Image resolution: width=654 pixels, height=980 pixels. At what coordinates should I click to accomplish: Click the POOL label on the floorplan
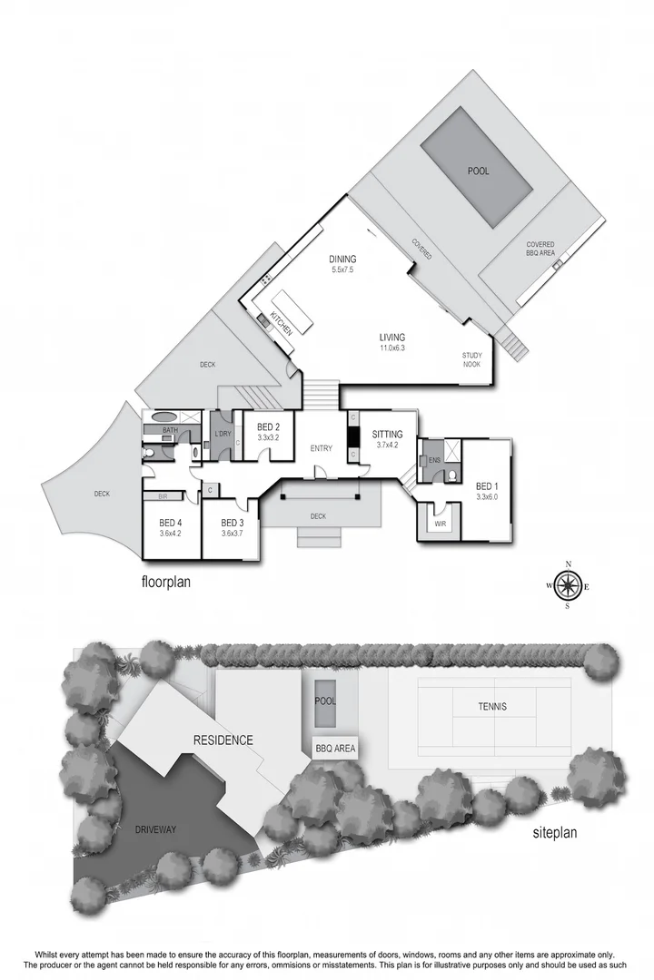click(478, 171)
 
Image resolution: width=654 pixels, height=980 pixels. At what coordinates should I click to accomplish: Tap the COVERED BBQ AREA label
click(540, 249)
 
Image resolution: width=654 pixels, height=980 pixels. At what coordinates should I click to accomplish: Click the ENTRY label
click(321, 448)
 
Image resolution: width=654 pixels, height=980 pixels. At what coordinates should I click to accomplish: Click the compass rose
click(568, 586)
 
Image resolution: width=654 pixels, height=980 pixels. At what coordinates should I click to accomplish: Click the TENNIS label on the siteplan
click(491, 707)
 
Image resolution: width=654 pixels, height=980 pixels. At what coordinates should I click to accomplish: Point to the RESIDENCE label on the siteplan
click(223, 740)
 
